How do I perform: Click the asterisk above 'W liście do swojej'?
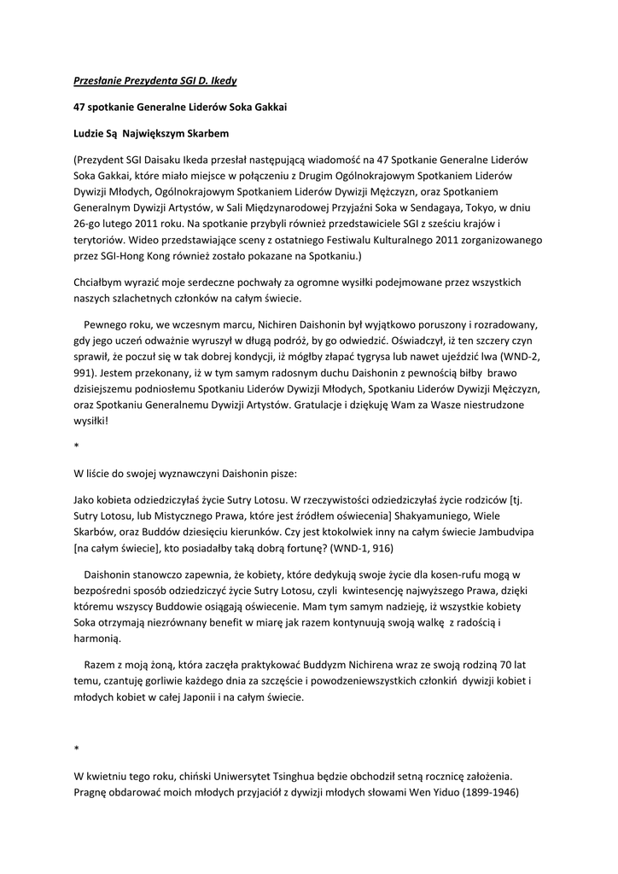[x=76, y=446]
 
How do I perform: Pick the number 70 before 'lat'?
[x=508, y=664]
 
